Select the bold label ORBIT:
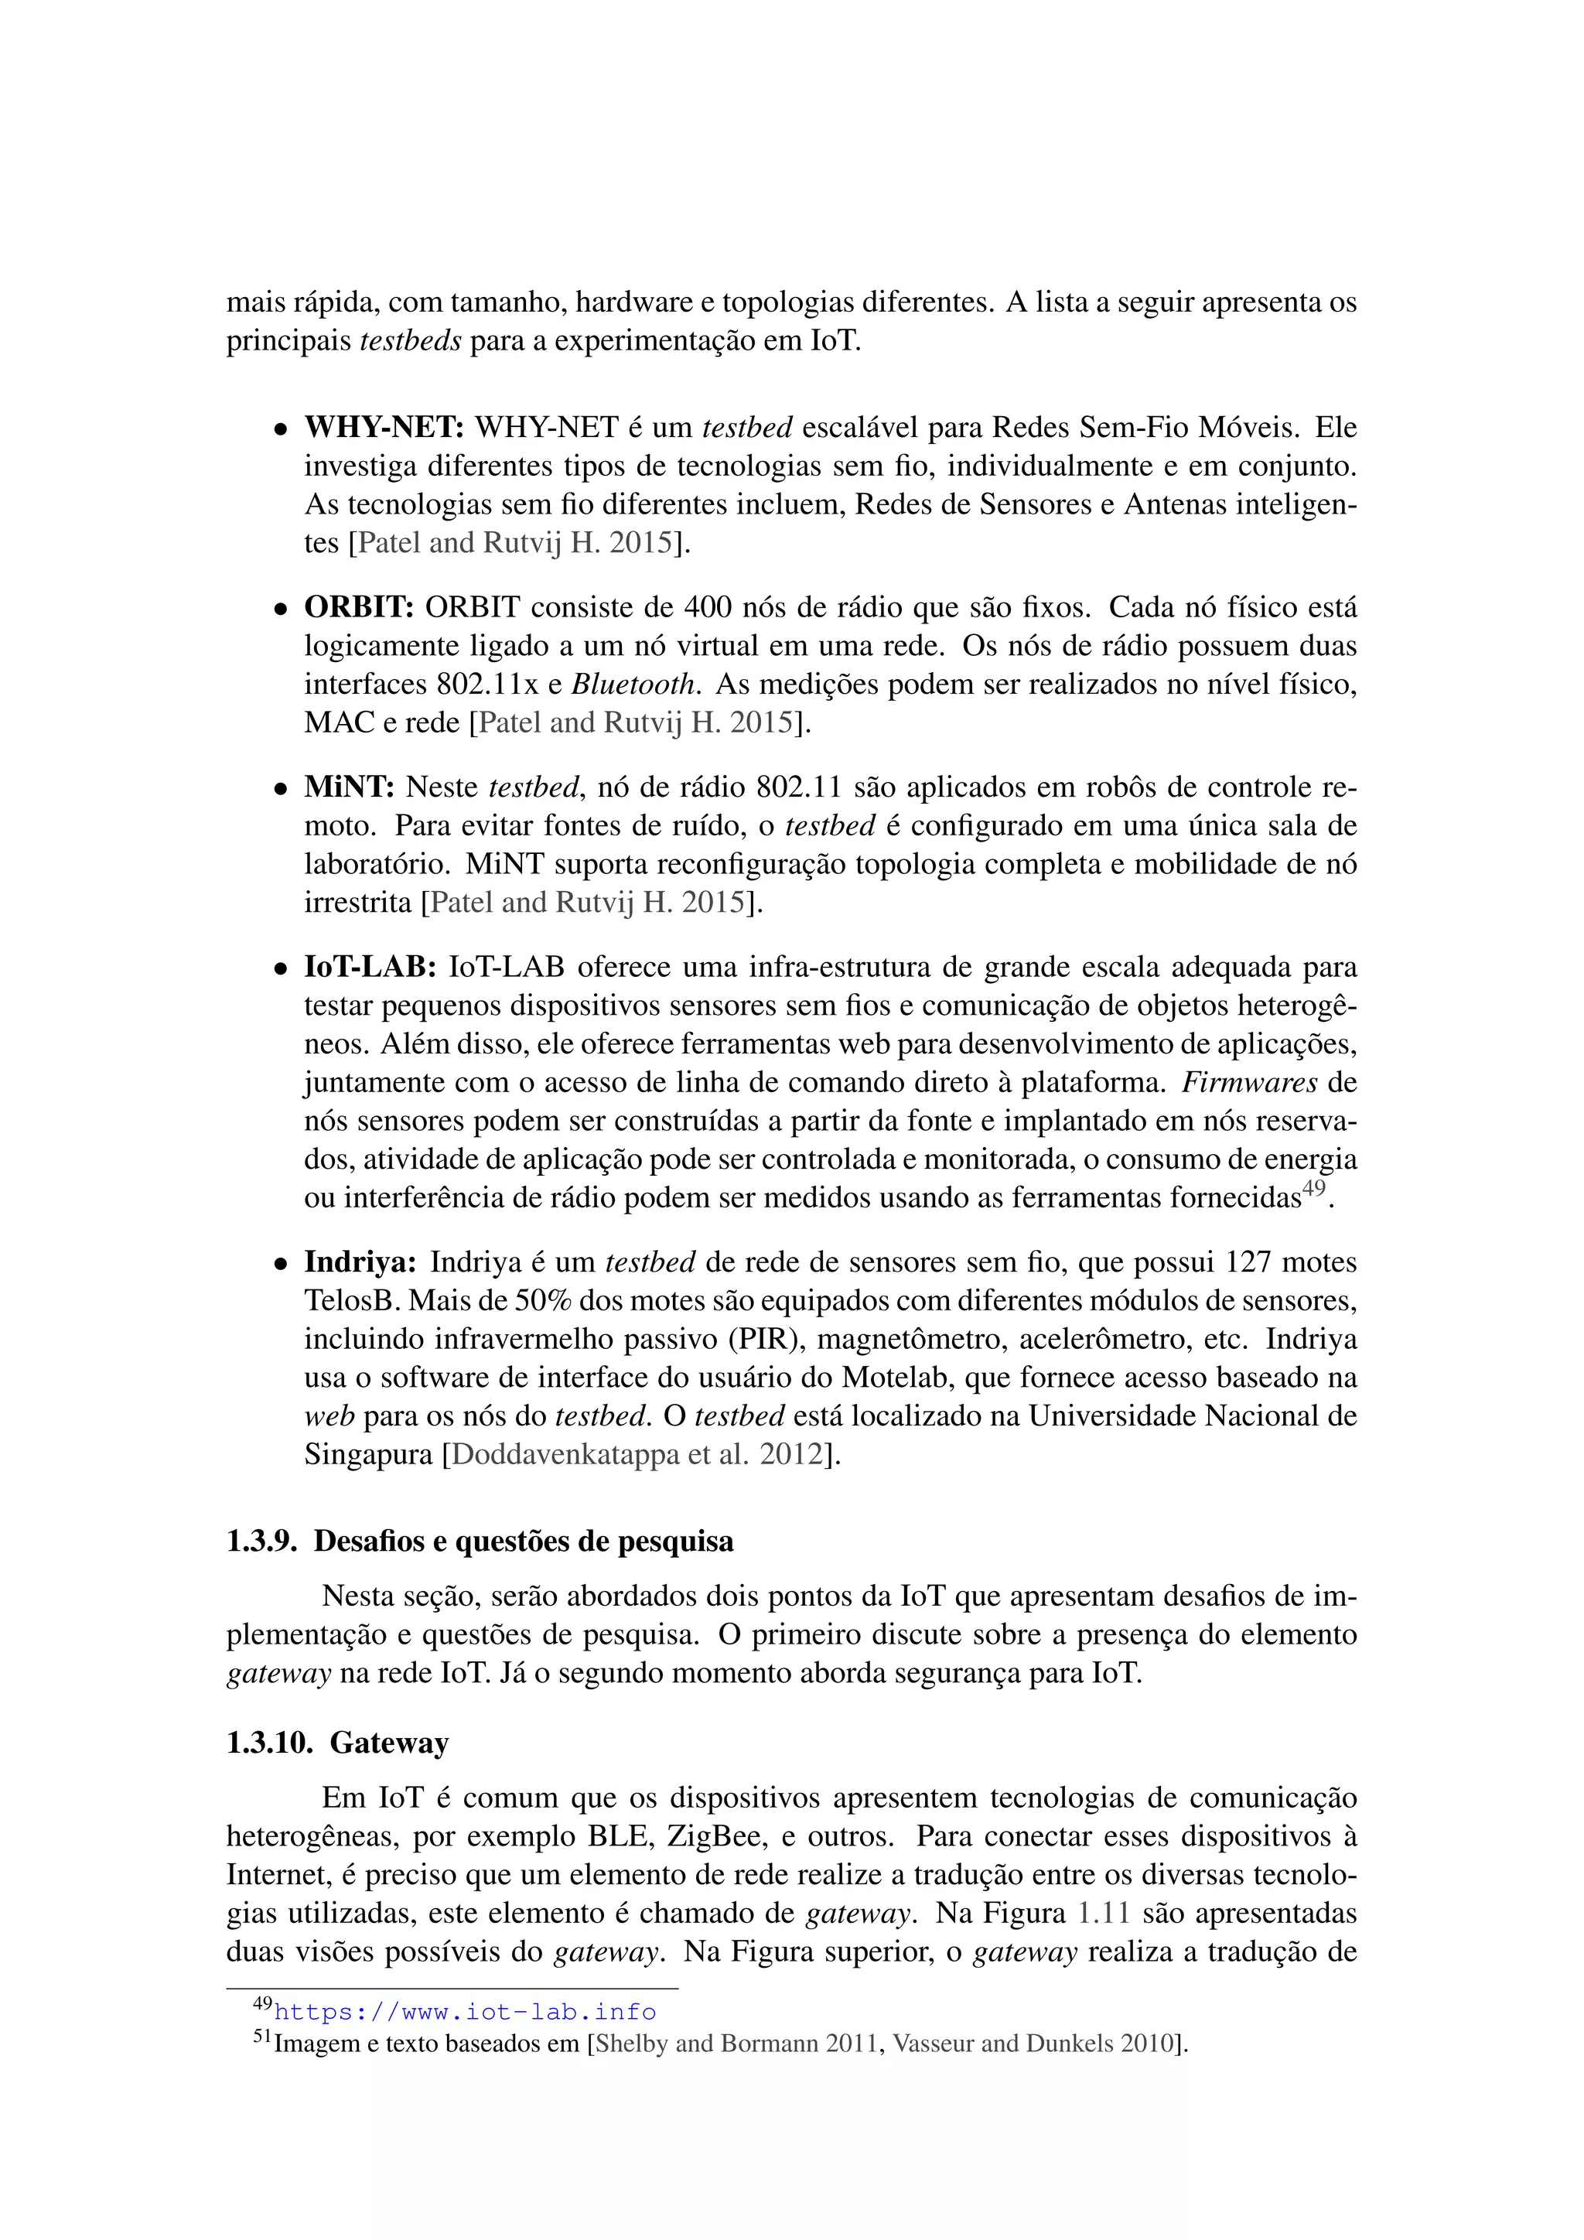click(x=359, y=607)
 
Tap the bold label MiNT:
click(x=349, y=787)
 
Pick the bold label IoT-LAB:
click(x=370, y=967)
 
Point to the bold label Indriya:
click(x=360, y=1262)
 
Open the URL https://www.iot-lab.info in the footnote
click(x=466, y=2012)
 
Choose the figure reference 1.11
click(x=1103, y=1913)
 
